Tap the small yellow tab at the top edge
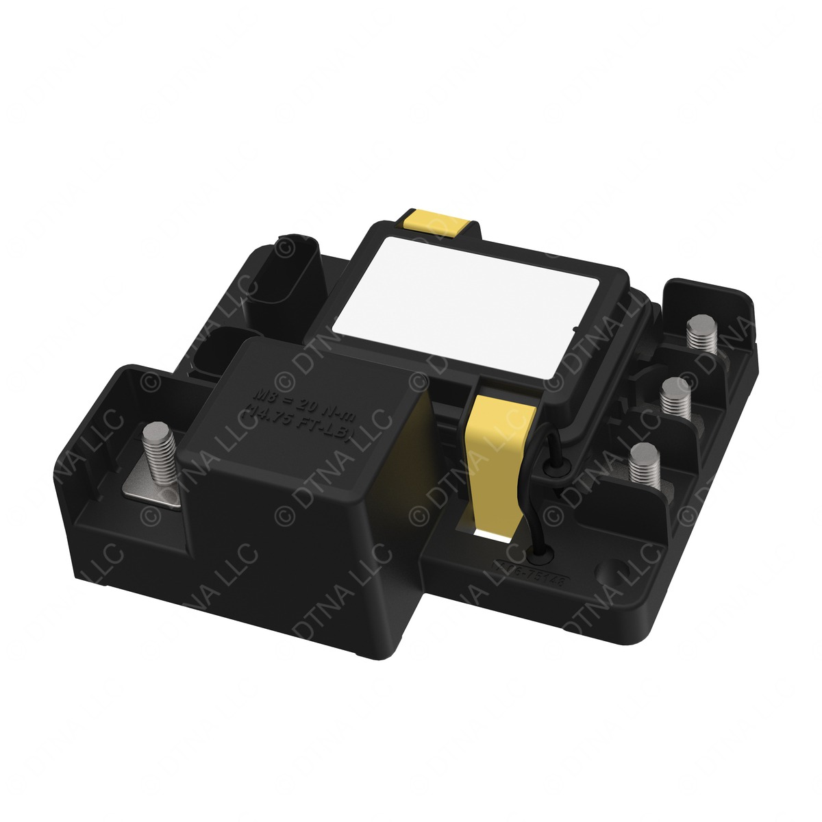436,221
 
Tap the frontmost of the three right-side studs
644,465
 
